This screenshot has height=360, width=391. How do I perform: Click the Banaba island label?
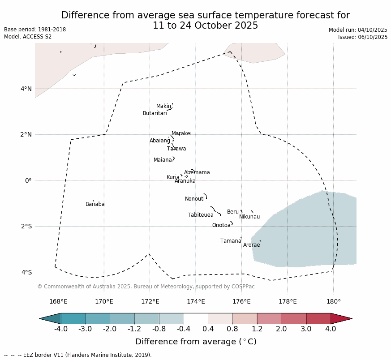coord(95,204)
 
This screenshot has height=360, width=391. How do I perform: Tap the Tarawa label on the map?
coord(176,149)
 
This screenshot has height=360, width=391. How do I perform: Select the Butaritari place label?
coord(155,113)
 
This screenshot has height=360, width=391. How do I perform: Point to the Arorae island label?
coord(251,245)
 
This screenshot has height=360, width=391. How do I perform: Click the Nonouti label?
coord(195,199)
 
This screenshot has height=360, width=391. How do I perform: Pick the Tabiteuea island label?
coord(200,215)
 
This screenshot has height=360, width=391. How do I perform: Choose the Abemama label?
coord(197,172)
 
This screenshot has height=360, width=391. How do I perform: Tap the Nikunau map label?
coord(249,217)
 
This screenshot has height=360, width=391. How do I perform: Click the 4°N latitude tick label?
coord(26,89)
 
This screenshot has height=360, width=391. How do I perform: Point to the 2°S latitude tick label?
coord(26,226)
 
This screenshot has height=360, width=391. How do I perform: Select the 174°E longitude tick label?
coord(196,301)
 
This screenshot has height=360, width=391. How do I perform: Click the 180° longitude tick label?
coord(333,301)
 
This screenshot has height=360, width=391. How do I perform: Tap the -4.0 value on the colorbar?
coord(61,329)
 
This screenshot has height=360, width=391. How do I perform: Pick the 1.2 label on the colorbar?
coord(257,329)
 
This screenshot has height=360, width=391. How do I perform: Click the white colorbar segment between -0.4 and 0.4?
coord(196,318)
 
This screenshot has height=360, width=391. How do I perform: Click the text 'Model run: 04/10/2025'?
coord(358,30)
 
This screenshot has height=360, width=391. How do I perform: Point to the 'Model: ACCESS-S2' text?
coord(28,37)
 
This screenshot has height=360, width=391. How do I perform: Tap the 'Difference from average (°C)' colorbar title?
coord(196,342)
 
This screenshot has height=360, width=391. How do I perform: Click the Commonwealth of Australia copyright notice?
coord(146,287)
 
